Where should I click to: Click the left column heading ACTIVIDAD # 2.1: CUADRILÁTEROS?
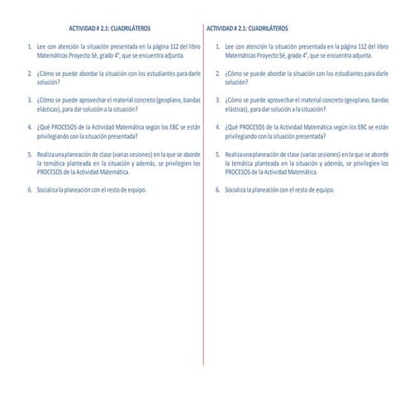[107, 26]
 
